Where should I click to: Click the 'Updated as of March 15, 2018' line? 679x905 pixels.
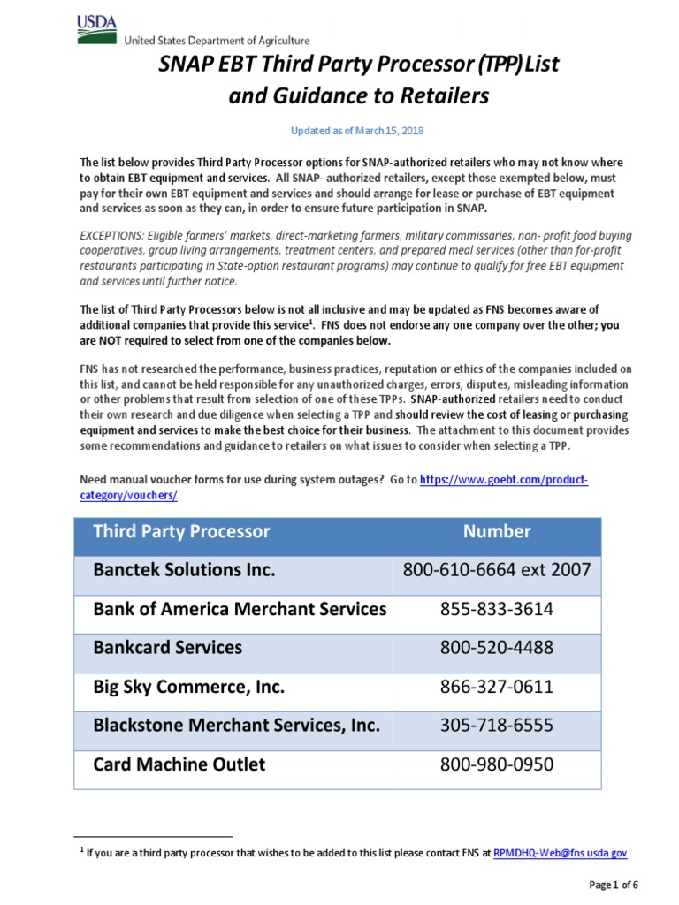point(358,131)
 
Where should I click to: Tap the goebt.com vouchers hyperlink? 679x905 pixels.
point(502,479)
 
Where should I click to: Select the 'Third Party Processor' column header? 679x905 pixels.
point(181,531)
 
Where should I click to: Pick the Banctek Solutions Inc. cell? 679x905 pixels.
point(184,570)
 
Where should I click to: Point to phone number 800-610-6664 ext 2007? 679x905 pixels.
point(497,570)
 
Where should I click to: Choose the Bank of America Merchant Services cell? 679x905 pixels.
point(240,609)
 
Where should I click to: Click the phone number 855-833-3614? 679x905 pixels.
point(497,609)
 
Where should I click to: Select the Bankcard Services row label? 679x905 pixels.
point(167,648)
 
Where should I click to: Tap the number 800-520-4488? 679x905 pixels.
point(497,648)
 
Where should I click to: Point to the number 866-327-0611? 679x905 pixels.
point(497,687)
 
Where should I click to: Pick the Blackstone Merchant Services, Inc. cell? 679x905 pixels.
point(236,726)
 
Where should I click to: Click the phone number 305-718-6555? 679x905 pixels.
point(497,726)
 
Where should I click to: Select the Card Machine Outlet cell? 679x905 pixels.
point(179,764)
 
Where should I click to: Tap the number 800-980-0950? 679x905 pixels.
point(497,764)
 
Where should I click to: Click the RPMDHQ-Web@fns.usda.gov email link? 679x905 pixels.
point(560,853)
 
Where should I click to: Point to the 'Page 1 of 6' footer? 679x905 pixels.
point(613,886)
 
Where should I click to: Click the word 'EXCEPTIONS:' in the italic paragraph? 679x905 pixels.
point(110,238)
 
